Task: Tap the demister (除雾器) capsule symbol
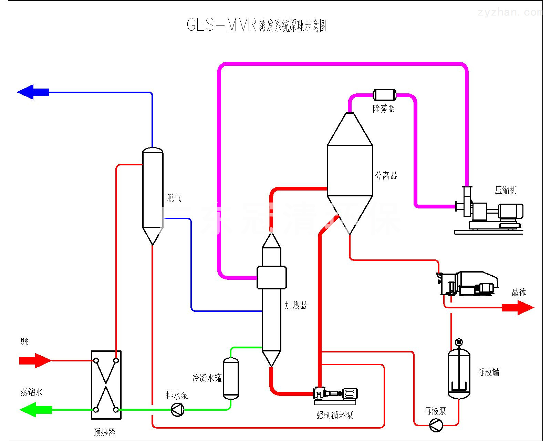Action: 384,95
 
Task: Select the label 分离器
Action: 386,176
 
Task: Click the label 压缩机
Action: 506,190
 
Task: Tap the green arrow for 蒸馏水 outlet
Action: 36,410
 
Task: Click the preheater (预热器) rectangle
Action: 106,385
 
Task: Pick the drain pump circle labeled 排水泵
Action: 178,410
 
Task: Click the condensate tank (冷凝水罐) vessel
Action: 231,378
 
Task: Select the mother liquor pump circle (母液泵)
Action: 436,425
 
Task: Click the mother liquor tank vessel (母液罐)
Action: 459,374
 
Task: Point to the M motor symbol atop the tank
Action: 459,342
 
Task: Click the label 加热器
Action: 295,305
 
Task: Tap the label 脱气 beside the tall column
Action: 174,198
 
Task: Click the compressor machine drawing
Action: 489,212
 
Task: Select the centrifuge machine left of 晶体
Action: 468,284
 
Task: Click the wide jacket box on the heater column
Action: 271,277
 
